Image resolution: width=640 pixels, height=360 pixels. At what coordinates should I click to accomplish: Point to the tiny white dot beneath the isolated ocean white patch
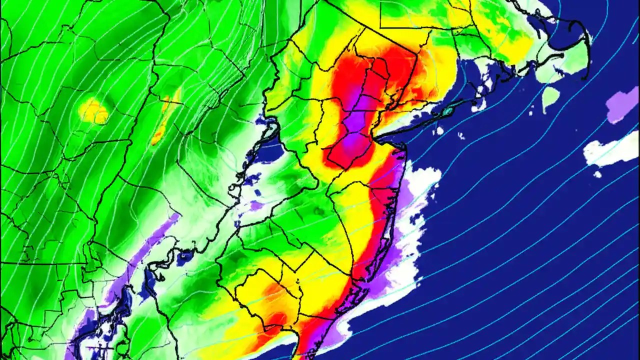(x=597, y=174)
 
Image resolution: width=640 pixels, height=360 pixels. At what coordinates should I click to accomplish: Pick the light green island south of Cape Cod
(x=550, y=97)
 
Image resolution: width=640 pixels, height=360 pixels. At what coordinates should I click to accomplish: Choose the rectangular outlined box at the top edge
(x=405, y=14)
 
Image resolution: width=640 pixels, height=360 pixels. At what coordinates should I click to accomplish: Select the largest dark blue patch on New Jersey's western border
(x=271, y=150)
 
